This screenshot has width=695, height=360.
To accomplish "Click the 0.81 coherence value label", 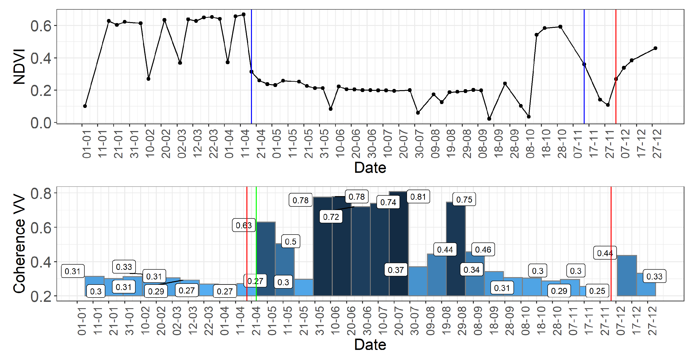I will click(x=418, y=197).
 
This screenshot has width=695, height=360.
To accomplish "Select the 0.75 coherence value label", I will click(x=464, y=199).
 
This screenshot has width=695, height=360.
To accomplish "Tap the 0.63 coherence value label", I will click(x=244, y=225).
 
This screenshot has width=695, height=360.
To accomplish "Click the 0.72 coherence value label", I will click(x=331, y=217).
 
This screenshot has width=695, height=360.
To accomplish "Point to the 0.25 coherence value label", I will click(x=597, y=291).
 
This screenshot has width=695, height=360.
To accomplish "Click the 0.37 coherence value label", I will click(x=395, y=270).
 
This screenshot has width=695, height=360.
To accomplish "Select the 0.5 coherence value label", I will click(x=291, y=241).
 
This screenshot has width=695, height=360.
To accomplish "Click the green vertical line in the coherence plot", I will click(x=256, y=243).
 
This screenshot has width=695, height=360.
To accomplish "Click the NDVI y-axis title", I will click(x=19, y=67).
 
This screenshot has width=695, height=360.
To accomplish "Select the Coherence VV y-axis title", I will click(x=19, y=244).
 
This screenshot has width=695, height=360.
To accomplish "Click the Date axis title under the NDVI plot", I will click(x=370, y=168).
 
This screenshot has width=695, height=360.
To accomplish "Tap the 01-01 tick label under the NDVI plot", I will click(x=87, y=144).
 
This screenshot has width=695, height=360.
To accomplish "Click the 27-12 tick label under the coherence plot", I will click(x=652, y=321).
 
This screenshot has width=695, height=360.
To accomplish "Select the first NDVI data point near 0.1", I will click(x=85, y=106).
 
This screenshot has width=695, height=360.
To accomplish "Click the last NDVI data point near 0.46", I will click(x=655, y=48).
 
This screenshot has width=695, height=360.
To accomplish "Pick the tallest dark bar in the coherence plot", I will click(x=399, y=243).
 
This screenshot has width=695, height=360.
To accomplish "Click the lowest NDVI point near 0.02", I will click(x=489, y=119).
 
